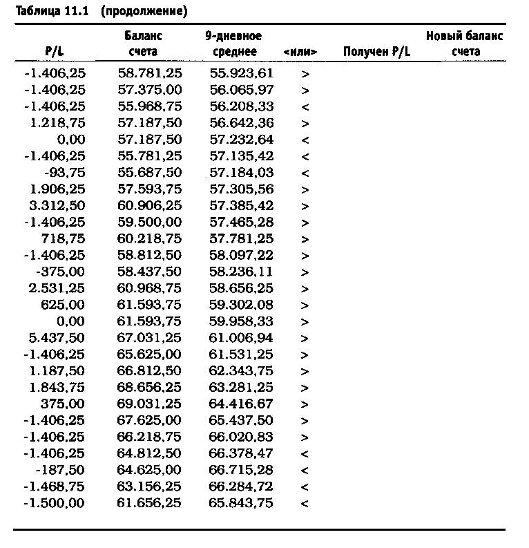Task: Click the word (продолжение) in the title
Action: pyautogui.click(x=143, y=12)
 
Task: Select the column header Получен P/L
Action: pyautogui.click(x=376, y=52)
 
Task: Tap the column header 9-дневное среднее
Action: pyautogui.click(x=233, y=44)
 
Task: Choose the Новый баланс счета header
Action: pyautogui.click(x=464, y=44)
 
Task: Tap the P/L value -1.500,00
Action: pyautogui.click(x=55, y=503)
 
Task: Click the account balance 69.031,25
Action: pyautogui.click(x=149, y=404)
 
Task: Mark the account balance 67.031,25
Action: pyautogui.click(x=149, y=338)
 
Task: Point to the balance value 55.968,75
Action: pyautogui.click(x=149, y=106)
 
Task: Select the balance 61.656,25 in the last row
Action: pyautogui.click(x=149, y=503)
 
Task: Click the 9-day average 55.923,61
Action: pyautogui.click(x=241, y=73)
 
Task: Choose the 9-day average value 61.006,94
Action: pyautogui.click(x=241, y=338)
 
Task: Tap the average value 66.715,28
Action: pyautogui.click(x=241, y=470)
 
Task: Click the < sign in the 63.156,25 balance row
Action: pyautogui.click(x=305, y=486)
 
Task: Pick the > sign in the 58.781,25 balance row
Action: pyautogui.click(x=305, y=73)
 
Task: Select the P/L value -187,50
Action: pyautogui.click(x=61, y=470)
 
